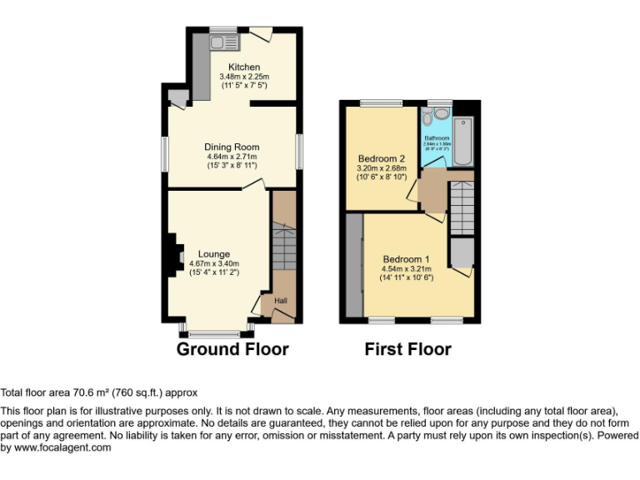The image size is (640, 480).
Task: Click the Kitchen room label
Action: click(244, 67)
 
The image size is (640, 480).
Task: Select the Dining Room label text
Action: click(232, 147)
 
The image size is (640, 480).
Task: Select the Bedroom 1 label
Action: click(406, 259)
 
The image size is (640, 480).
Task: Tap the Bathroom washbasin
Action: click(442, 113)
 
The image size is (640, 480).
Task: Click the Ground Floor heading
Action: click(232, 349)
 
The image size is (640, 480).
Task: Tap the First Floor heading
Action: click(407, 349)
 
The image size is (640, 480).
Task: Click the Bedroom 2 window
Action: click(380, 102)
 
